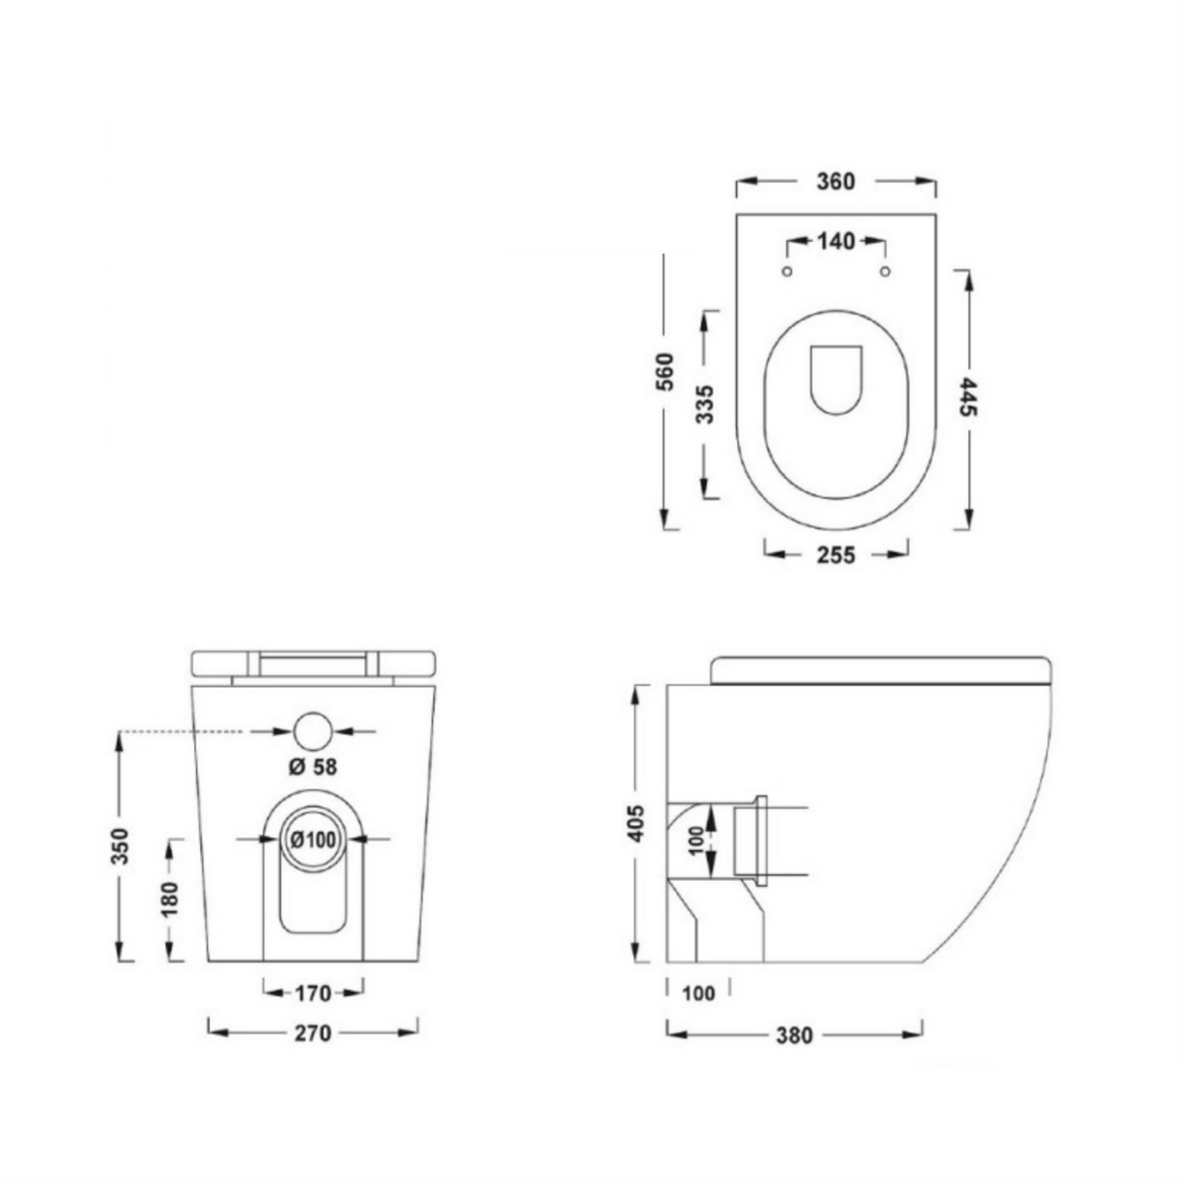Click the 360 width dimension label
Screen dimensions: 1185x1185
[x=835, y=182]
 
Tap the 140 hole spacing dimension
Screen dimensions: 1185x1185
[x=835, y=242]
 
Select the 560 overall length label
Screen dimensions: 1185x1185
[x=665, y=371]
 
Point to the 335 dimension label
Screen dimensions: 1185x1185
[x=705, y=404]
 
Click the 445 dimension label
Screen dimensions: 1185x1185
[x=968, y=396]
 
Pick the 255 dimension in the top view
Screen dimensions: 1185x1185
[x=835, y=556]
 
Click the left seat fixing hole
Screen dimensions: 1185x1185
[x=787, y=271]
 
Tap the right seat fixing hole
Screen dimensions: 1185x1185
[x=885, y=271]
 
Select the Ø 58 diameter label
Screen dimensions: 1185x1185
[x=313, y=766]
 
